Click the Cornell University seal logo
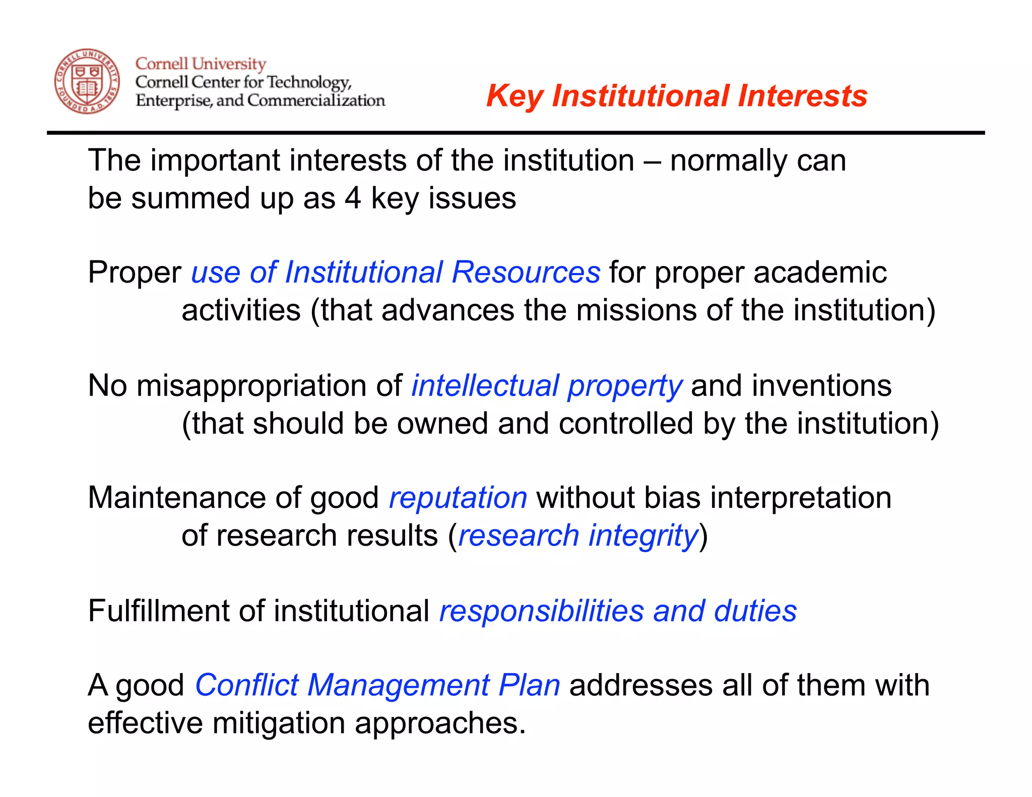87,81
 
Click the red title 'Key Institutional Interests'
676,96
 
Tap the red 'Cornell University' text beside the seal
201,64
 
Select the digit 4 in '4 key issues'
353,198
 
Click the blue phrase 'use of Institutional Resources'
396,273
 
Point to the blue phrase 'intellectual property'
547,386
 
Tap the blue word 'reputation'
458,498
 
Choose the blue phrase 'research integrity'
578,535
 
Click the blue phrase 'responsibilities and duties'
618,611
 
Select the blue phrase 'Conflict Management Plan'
377,685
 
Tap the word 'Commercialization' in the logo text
316,101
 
